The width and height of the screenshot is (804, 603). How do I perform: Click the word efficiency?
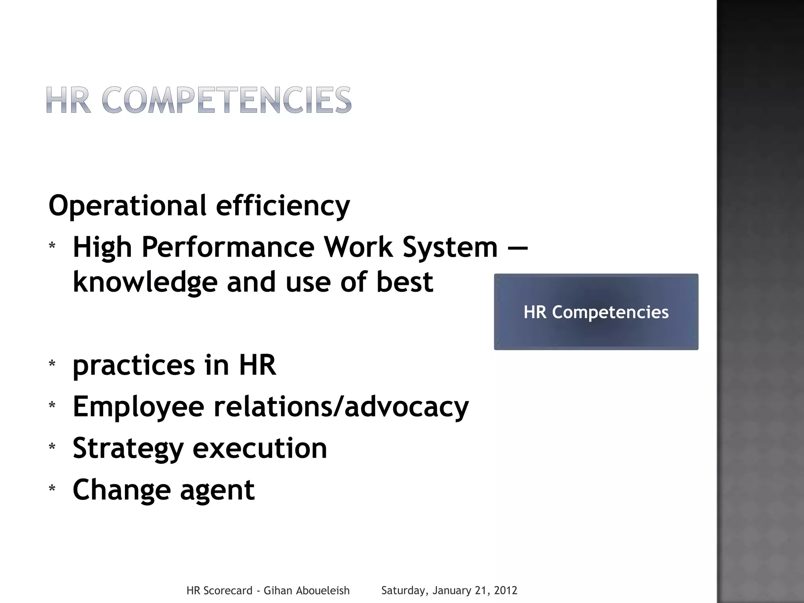283,205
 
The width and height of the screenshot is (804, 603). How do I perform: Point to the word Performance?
228,247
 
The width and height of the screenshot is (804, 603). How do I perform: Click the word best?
405,282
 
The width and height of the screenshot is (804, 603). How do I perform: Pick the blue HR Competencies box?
596,312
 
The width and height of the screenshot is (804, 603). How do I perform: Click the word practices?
133,365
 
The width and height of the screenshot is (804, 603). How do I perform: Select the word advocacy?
407,407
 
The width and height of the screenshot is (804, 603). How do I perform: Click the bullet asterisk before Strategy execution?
52,447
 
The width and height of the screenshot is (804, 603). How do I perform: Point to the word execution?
260,448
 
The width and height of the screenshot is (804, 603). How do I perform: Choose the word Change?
121,490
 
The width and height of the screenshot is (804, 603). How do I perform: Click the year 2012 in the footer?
505,590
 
